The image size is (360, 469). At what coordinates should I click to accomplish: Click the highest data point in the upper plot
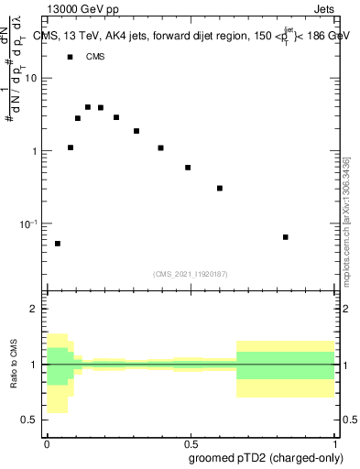coord(88,107)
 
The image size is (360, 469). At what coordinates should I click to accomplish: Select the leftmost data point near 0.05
coord(58,244)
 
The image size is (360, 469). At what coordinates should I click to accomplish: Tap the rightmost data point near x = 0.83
coord(286,237)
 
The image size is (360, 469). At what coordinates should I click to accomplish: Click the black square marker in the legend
coord(70,57)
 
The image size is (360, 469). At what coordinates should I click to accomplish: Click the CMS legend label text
coord(95,57)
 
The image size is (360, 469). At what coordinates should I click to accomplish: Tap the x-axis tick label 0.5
coord(189,442)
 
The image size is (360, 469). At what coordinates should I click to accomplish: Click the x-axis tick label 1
coord(334,442)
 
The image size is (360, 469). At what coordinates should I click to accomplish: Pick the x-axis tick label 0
coord(47,442)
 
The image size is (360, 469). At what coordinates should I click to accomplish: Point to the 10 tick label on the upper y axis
coord(32,78)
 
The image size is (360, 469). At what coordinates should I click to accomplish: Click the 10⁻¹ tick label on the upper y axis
coord(29,223)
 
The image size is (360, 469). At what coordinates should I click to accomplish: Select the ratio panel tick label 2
coord(33,310)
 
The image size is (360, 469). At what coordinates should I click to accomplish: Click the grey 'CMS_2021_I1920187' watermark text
coord(190,273)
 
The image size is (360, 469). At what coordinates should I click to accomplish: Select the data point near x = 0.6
coord(220,188)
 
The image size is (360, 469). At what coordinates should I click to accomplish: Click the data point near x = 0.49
coord(188,168)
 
